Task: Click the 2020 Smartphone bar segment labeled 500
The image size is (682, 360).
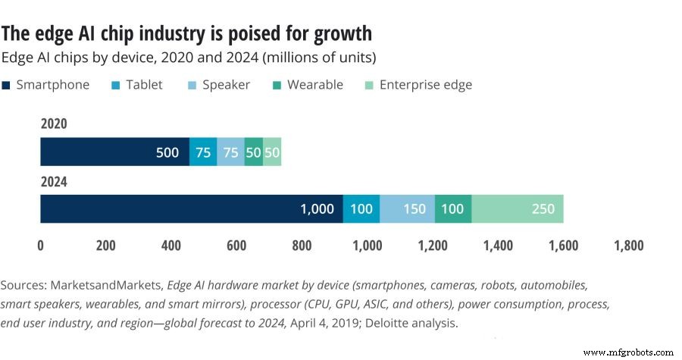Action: [114, 152]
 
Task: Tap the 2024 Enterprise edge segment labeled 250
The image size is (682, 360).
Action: [518, 208]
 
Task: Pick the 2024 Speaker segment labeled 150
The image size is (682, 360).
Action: [407, 208]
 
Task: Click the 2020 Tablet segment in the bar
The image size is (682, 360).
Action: [202, 152]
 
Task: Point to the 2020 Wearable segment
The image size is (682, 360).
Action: [254, 152]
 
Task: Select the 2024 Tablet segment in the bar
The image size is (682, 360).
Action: [361, 208]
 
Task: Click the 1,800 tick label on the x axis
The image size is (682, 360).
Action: [630, 246]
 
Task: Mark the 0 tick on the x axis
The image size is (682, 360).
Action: [41, 246]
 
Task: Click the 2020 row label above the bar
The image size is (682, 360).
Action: [54, 124]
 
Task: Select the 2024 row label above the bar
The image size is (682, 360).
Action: [54, 181]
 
